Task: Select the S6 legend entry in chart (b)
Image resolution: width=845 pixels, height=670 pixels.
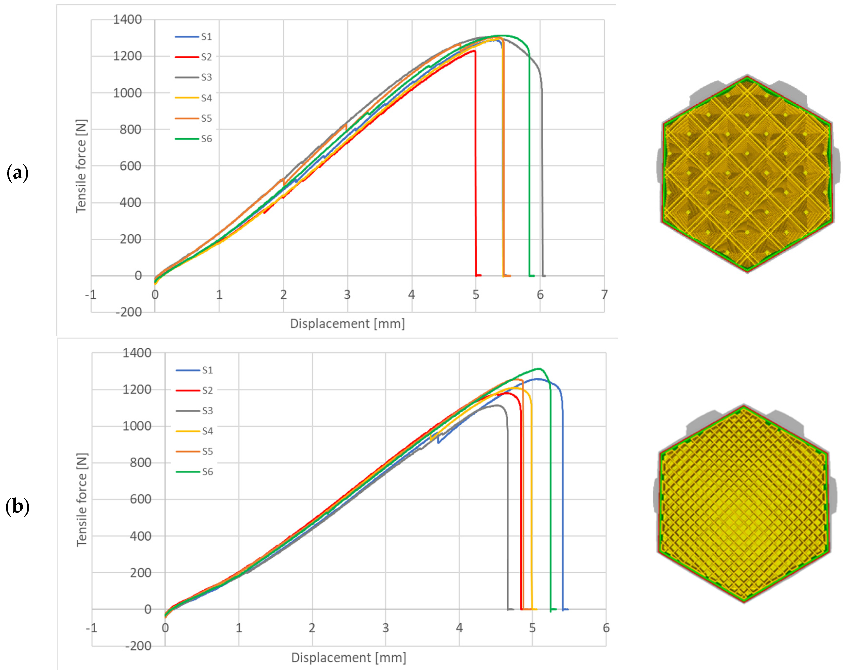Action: tap(195, 471)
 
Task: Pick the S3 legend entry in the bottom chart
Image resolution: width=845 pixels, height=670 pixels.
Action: tap(195, 411)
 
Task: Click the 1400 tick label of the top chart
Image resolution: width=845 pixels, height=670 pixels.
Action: tap(127, 19)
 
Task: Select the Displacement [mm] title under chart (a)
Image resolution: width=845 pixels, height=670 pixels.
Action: tap(347, 324)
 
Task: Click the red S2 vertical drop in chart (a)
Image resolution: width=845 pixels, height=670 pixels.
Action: tap(475, 165)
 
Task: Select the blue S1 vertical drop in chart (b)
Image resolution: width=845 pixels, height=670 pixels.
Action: tap(563, 510)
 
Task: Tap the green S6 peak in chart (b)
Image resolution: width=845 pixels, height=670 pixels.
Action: tap(540, 368)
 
